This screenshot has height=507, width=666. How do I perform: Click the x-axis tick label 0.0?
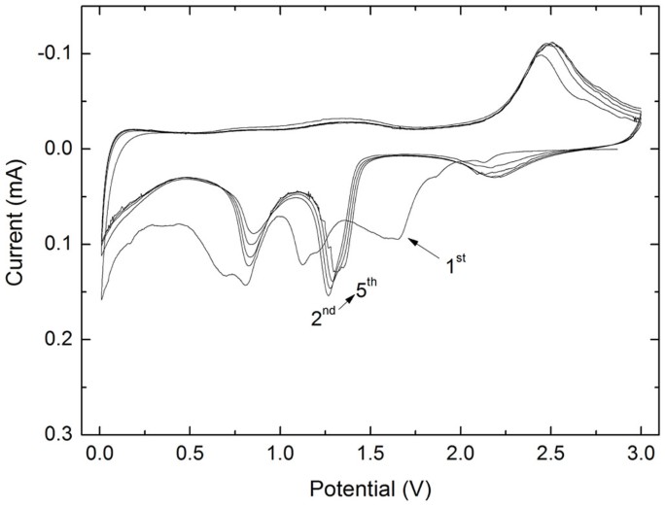(x=100, y=453)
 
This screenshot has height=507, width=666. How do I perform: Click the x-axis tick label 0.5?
(x=191, y=453)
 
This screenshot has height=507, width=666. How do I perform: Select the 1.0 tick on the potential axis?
(x=280, y=453)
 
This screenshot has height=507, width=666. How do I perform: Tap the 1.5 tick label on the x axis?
(x=370, y=453)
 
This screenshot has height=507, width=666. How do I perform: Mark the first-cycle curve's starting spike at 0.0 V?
(x=102, y=298)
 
